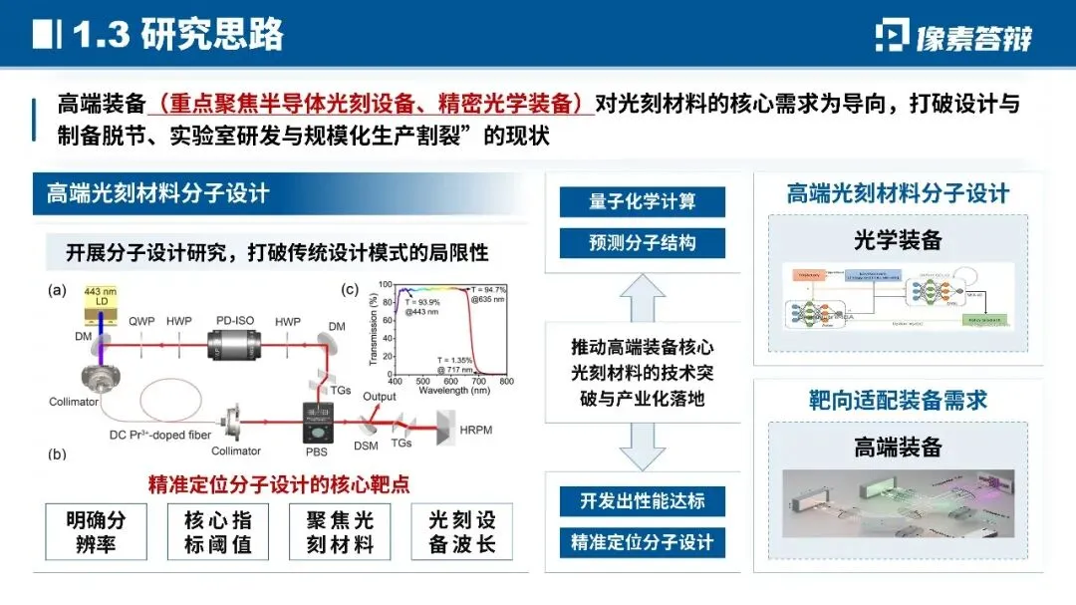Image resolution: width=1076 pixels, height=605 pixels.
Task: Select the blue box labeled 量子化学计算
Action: click(642, 201)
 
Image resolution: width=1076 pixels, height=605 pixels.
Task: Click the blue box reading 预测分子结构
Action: click(642, 242)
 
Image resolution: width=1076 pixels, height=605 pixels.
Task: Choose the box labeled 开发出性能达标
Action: click(642, 500)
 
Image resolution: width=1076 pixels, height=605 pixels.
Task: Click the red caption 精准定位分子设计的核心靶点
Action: click(279, 485)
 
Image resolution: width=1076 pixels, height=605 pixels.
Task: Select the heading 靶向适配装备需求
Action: click(898, 401)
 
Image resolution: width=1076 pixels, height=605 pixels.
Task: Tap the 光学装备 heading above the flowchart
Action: click(898, 240)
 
